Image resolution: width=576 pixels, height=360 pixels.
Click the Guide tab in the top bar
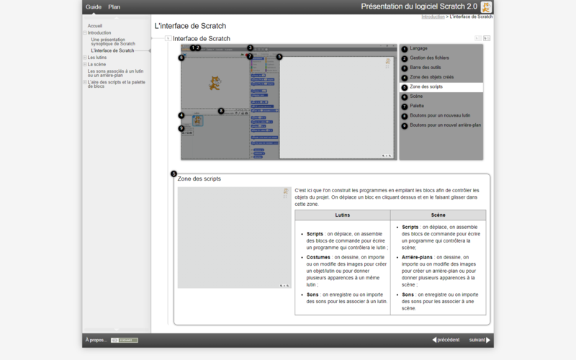94,7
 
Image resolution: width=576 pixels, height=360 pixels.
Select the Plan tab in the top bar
114,7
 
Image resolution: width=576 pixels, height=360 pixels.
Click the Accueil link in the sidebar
95,26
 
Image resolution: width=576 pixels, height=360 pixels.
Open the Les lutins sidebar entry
96,58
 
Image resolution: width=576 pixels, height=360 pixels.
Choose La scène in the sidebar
96,64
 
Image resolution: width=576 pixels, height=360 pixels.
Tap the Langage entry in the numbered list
418,48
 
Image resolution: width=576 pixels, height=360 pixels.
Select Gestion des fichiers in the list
429,58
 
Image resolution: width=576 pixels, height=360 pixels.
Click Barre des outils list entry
425,68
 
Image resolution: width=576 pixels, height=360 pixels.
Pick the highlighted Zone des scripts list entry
426,86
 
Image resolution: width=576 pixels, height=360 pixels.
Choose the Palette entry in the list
418,106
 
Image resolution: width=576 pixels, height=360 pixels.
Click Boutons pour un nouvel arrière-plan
445,125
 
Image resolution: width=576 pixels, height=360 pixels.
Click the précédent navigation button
446,340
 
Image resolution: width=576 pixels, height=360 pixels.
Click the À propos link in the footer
96,340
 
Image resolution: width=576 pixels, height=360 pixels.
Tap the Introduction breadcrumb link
433,16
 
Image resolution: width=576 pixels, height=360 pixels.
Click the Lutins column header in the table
343,215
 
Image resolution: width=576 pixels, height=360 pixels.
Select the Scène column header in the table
438,215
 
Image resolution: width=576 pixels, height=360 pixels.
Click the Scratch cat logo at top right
487,7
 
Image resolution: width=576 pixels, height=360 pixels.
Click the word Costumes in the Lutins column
318,257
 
